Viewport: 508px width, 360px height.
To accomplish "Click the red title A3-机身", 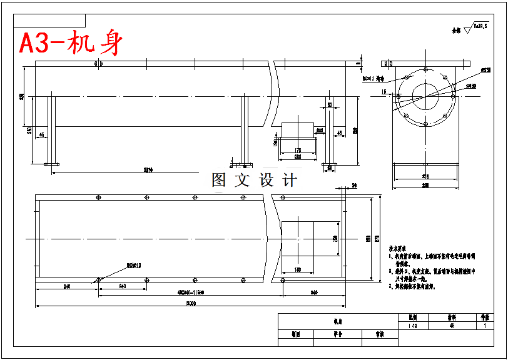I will coord(71,43).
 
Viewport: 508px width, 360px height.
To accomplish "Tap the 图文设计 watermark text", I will coord(254,180).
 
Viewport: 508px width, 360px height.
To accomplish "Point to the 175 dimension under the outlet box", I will coord(297,150).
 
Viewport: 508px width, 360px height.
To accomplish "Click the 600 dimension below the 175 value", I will coord(297,157).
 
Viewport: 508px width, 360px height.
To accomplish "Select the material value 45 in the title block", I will coord(452,326).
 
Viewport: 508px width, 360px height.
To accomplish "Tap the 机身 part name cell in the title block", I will coord(338,321).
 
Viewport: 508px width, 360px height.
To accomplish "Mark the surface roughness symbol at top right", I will coord(468,29).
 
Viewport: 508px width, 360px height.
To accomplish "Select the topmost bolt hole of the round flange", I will coord(425,69).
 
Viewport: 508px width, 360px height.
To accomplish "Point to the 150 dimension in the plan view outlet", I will coord(298,270).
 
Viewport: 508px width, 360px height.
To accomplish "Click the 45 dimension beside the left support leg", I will coord(42,134).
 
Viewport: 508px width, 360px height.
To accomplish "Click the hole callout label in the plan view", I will coord(135,266).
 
